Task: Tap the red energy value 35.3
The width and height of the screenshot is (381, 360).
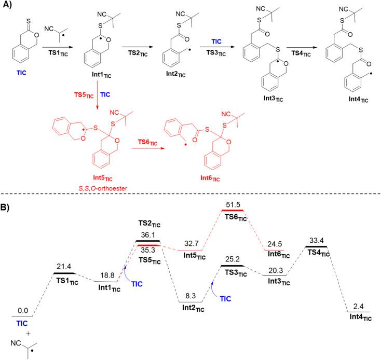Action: pyautogui.click(x=149, y=250)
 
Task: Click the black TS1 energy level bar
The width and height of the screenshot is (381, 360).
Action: pyautogui.click(x=65, y=273)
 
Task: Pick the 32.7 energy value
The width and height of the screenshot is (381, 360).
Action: pyautogui.click(x=190, y=243)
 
